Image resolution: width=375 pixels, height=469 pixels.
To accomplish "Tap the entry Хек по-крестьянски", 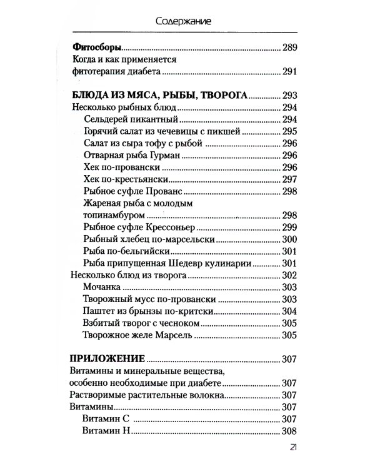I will point(126,179).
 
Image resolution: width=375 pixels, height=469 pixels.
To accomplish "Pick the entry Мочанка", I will point(101,287).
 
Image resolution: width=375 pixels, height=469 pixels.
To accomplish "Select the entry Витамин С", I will point(107,418).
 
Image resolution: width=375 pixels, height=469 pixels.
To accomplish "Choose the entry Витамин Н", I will point(107,431).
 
